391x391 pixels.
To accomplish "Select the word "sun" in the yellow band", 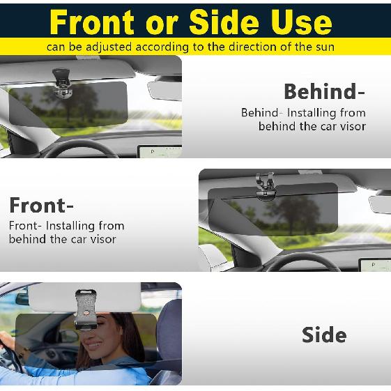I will point(324,47).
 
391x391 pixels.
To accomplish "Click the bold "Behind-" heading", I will point(324,91).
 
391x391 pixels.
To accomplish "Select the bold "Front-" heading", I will point(41,206).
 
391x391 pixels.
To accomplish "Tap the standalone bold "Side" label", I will point(323,335).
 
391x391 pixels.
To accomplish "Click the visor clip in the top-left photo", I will point(62,81).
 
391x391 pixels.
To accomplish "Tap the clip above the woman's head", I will point(86,307).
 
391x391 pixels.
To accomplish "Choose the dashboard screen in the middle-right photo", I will point(374,264).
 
